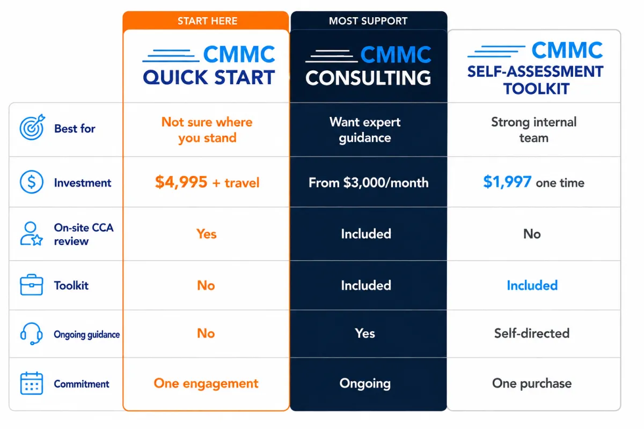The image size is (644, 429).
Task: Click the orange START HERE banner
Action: point(206,21)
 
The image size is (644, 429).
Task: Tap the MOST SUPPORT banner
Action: point(369,21)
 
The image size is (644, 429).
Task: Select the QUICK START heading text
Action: point(209,77)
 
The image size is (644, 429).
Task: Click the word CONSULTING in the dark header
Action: point(368,78)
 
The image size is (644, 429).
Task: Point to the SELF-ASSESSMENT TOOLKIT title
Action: point(536,80)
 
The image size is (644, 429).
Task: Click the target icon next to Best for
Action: point(32,127)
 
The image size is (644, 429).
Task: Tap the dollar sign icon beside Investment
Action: point(32,182)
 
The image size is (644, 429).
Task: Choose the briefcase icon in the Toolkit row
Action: point(32,285)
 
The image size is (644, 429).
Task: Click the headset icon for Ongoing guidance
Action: point(31,334)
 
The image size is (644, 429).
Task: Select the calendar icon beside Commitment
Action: point(32,383)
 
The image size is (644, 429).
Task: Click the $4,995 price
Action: point(181,182)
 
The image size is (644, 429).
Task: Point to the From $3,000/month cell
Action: point(369,183)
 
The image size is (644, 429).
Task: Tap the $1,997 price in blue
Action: point(507,182)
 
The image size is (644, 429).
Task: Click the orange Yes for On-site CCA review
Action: point(207,234)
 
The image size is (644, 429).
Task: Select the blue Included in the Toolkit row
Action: point(532,286)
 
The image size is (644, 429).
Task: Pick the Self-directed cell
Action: point(532,334)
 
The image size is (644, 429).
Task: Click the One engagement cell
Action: point(206,383)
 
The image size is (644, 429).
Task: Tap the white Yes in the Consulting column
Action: point(365,334)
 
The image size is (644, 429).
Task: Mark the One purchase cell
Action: point(532,383)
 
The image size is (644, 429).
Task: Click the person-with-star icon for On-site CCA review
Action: point(31,234)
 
